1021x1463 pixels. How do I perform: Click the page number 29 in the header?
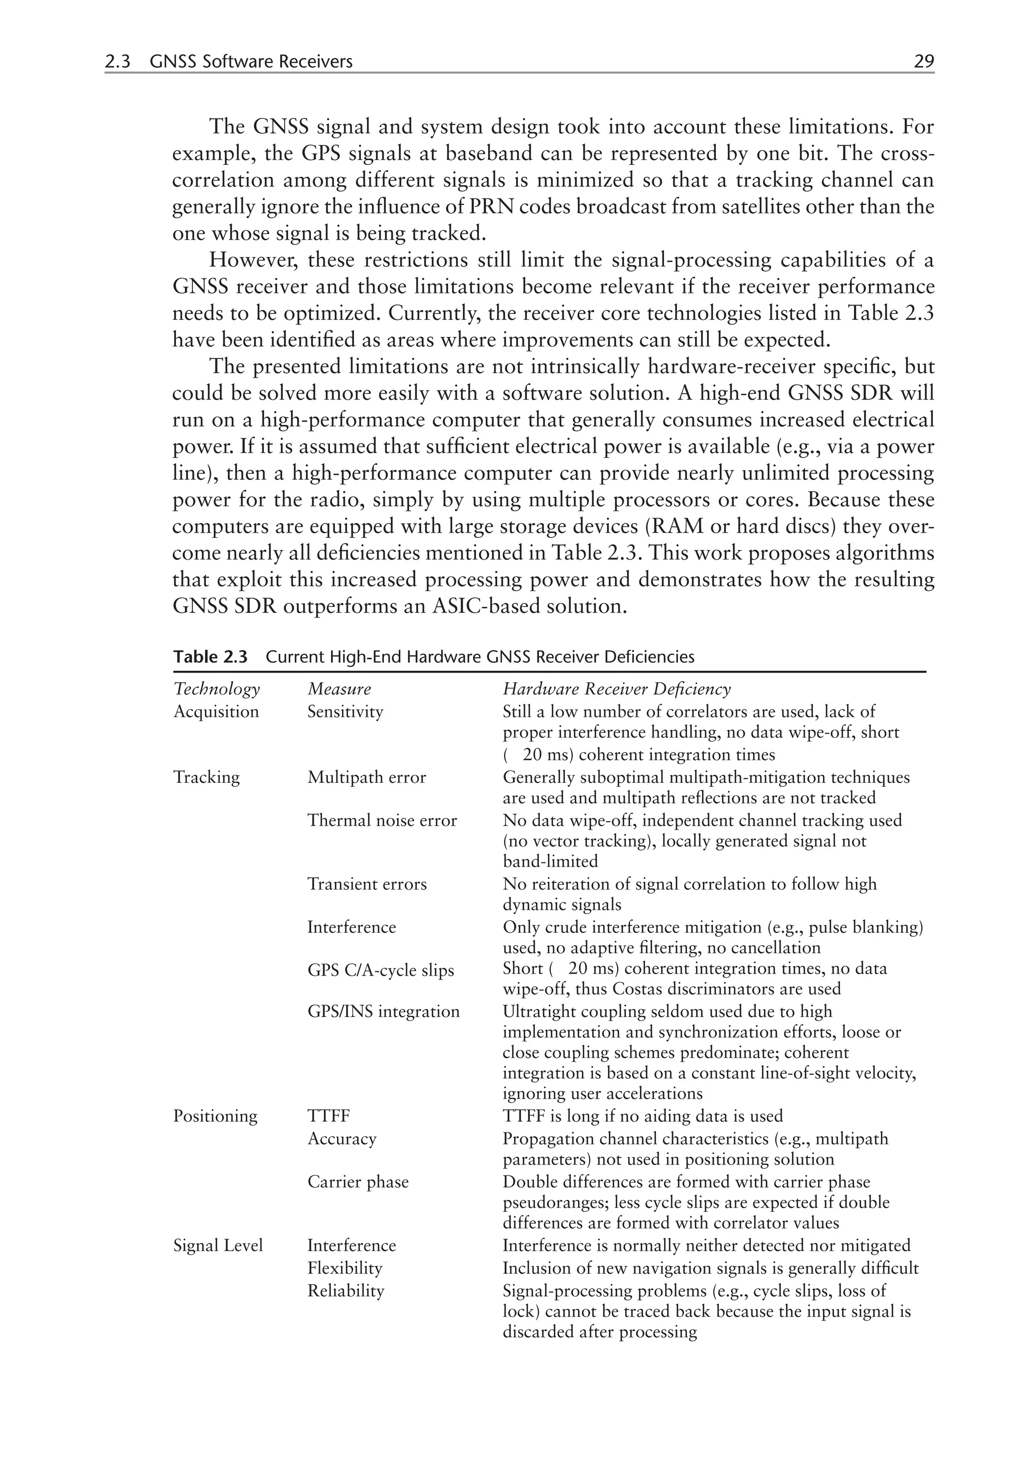(923, 62)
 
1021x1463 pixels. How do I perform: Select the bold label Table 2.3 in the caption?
(210, 657)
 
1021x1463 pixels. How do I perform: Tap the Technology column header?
(217, 689)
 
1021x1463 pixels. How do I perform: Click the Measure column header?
(339, 689)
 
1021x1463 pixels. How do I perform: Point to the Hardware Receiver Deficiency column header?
(616, 689)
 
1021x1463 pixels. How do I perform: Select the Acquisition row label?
(216, 711)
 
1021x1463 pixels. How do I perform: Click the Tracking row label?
(206, 777)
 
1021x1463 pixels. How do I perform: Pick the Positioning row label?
(215, 1116)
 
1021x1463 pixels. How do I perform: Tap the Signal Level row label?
(218, 1245)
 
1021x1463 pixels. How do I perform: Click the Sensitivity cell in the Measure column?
(345, 711)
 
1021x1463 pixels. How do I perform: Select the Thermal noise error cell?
(382, 820)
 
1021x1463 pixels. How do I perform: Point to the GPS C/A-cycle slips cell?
(380, 971)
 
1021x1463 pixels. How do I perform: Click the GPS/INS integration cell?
(383, 1012)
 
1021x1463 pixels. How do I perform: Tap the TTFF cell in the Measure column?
(329, 1116)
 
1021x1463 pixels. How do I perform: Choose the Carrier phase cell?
(357, 1182)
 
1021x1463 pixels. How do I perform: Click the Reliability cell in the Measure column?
(345, 1291)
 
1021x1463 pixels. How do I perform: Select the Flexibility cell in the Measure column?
(345, 1268)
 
